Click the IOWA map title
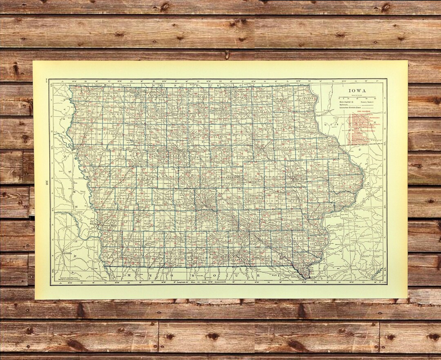coord(358,91)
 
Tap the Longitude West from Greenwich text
coord(196,282)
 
